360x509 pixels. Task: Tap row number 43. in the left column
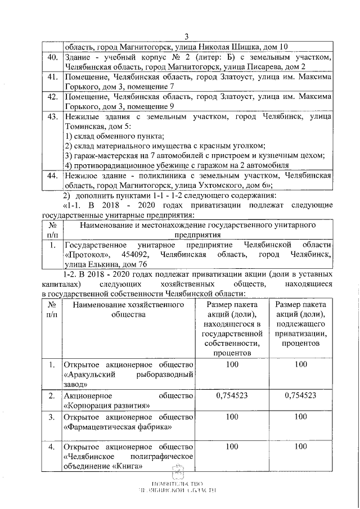(52, 117)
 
